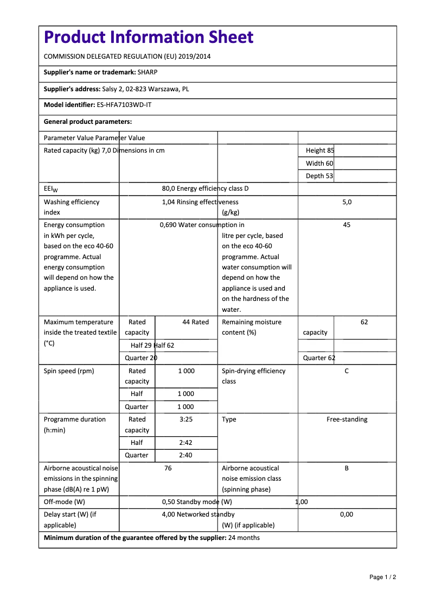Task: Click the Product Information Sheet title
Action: [149, 37]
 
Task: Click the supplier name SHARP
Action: [148, 72]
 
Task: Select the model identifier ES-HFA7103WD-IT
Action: [124, 105]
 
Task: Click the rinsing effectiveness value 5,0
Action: [347, 202]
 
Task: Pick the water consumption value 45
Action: [347, 225]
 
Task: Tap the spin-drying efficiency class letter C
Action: [347, 371]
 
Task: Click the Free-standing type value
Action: [347, 419]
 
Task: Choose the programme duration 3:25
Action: [186, 419]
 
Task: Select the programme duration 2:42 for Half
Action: [186, 443]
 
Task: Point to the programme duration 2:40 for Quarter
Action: [186, 455]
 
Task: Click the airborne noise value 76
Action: [168, 468]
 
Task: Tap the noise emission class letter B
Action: [347, 468]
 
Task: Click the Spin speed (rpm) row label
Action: [69, 371]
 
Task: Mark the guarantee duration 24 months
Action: [244, 538]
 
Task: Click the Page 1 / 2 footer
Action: [383, 577]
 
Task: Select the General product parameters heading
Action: [88, 122]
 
